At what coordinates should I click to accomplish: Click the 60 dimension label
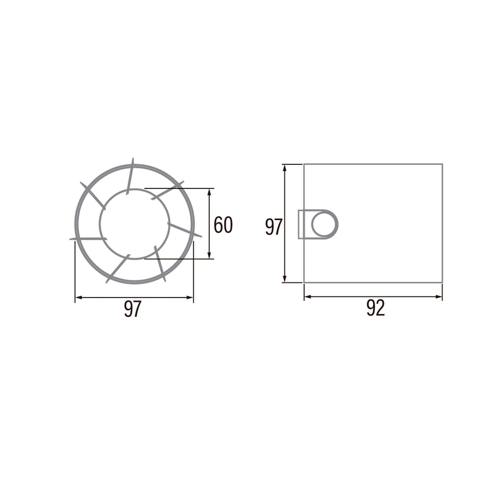click(x=223, y=225)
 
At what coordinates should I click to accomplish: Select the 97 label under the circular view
click(x=133, y=309)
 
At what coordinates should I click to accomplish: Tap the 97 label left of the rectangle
click(x=274, y=227)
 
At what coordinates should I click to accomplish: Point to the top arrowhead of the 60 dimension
click(x=209, y=193)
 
